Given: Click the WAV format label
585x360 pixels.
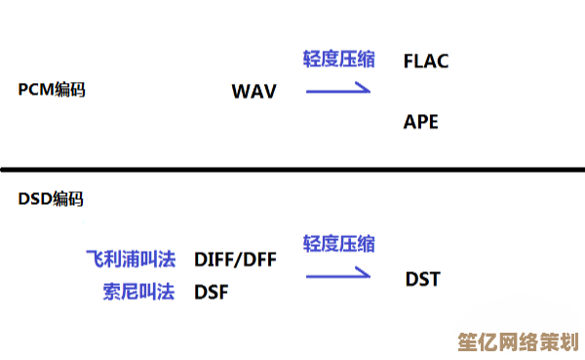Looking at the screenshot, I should [x=253, y=92].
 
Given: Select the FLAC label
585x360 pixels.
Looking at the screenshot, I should [x=425, y=61].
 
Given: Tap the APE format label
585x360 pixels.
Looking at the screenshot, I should [x=421, y=122].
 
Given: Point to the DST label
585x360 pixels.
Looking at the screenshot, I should [x=423, y=280].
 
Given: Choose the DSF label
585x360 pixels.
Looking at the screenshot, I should [x=212, y=291].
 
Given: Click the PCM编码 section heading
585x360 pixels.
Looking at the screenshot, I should [x=51, y=90].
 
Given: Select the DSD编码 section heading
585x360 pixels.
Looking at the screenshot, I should [x=51, y=199].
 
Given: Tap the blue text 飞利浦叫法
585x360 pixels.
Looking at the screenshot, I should [x=130, y=260].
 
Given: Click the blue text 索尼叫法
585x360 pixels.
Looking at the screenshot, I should [x=138, y=291].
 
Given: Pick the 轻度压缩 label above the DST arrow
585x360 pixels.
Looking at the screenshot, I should [x=338, y=243].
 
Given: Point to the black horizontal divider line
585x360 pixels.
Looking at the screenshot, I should [x=292, y=170].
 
